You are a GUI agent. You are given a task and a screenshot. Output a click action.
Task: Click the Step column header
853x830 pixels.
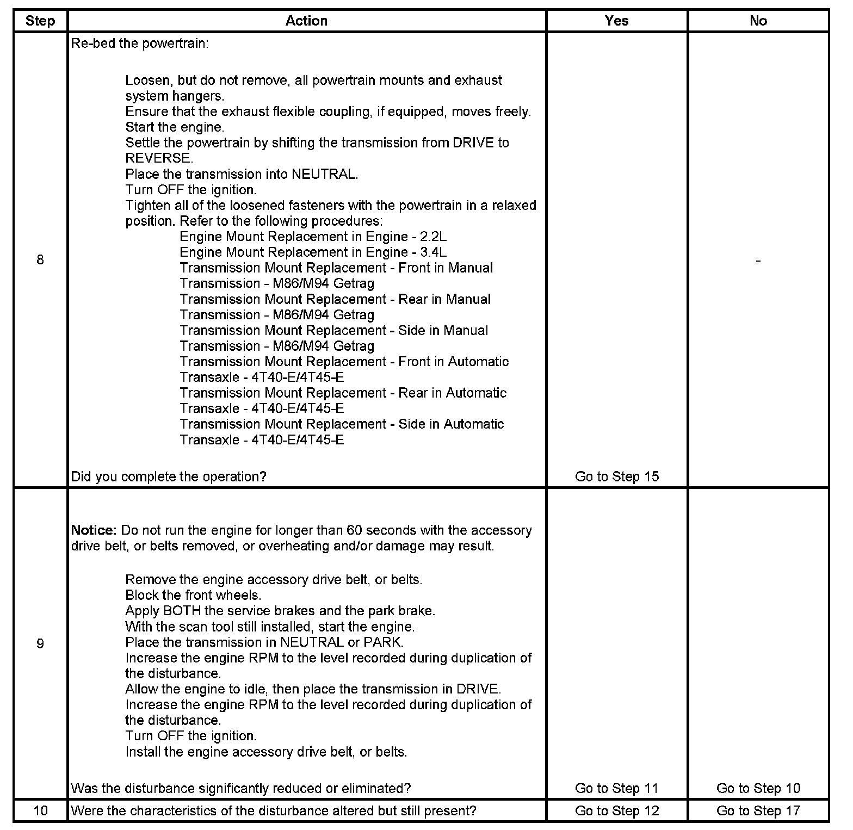(40, 21)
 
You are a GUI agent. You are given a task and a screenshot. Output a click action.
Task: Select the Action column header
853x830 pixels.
(306, 21)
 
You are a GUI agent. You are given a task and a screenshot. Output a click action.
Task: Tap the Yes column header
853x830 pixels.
(616, 21)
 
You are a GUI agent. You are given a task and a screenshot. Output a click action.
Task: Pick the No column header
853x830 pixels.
(758, 21)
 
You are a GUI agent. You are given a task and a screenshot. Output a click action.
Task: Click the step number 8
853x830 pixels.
(40, 259)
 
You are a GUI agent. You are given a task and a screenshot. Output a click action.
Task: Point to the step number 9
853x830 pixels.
(40, 643)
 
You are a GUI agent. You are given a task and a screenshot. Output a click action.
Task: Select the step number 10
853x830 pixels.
(40, 811)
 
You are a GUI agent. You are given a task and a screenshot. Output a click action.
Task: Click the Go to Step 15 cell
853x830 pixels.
(616, 476)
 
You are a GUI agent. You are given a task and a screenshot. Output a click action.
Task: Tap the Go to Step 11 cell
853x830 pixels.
(616, 788)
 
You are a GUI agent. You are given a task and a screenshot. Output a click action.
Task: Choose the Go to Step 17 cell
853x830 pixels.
(758, 811)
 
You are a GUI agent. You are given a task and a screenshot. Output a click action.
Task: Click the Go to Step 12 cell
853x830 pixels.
(616, 811)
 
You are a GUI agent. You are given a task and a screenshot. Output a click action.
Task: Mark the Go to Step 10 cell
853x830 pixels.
(758, 788)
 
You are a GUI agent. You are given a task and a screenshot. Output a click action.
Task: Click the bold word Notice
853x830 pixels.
(94, 530)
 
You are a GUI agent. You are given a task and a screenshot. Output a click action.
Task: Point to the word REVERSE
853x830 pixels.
(158, 158)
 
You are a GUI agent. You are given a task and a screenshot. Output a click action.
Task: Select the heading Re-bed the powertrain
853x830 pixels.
(140, 44)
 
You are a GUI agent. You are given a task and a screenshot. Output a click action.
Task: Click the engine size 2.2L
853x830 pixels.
(433, 237)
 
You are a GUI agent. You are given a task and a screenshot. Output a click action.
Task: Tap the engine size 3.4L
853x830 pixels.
(433, 252)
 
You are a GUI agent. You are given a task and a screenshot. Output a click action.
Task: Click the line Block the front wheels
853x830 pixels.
(193, 595)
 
